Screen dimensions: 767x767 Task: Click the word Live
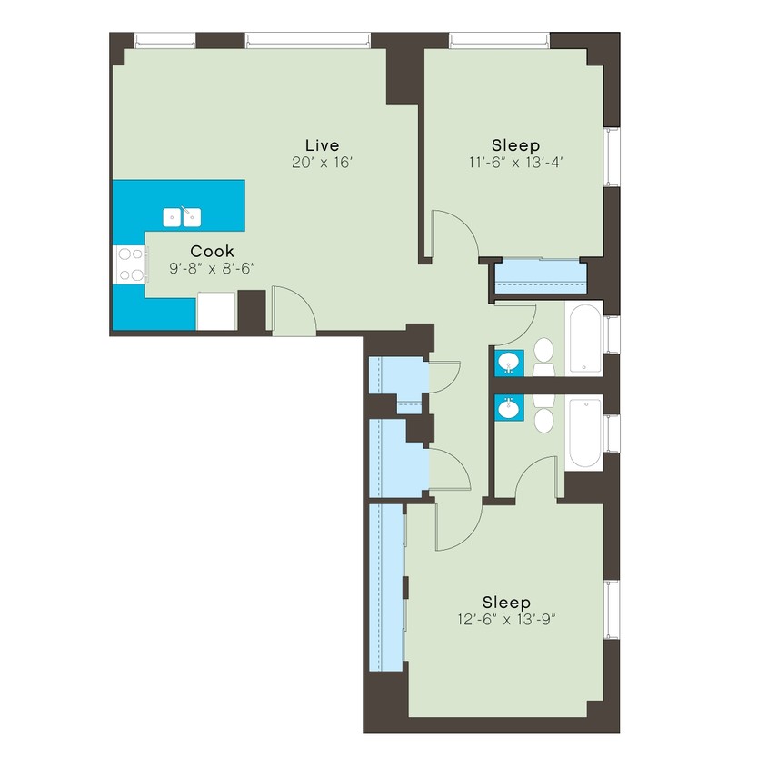point(322,144)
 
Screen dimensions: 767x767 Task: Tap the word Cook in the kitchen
point(212,251)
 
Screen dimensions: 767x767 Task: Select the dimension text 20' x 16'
point(321,163)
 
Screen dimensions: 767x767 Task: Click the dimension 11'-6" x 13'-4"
point(515,163)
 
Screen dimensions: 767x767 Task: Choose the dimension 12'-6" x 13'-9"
point(506,620)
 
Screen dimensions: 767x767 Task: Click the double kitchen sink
point(182,217)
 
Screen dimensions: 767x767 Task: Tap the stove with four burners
point(129,265)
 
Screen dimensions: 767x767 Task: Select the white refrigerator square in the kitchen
point(216,311)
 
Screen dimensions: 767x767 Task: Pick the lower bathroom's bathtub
point(583,432)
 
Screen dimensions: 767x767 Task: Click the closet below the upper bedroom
point(540,276)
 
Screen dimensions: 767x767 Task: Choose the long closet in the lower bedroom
point(387,589)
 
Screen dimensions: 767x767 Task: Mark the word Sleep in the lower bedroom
point(506,602)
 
